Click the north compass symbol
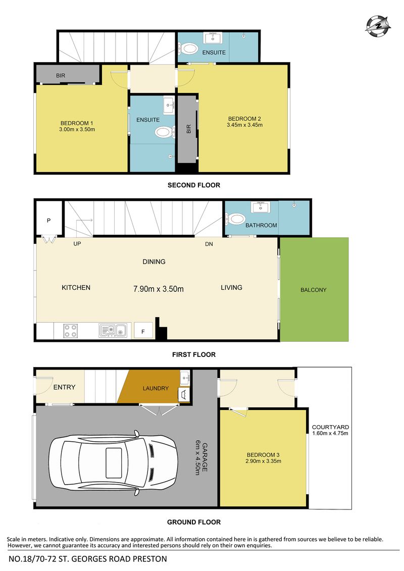click(x=378, y=26)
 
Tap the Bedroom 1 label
click(x=77, y=123)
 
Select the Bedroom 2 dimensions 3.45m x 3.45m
click(x=244, y=125)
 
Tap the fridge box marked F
click(x=143, y=331)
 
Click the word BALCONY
click(x=313, y=290)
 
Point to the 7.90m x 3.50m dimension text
click(x=159, y=289)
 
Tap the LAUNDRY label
click(x=156, y=388)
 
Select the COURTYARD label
click(x=330, y=427)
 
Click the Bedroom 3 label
click(x=263, y=455)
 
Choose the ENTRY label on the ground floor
click(x=64, y=387)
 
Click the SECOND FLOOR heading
click(x=194, y=185)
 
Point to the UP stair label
click(x=77, y=244)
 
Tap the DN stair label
click(x=209, y=244)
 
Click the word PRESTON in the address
click(x=149, y=559)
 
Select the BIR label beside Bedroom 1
click(x=61, y=76)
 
